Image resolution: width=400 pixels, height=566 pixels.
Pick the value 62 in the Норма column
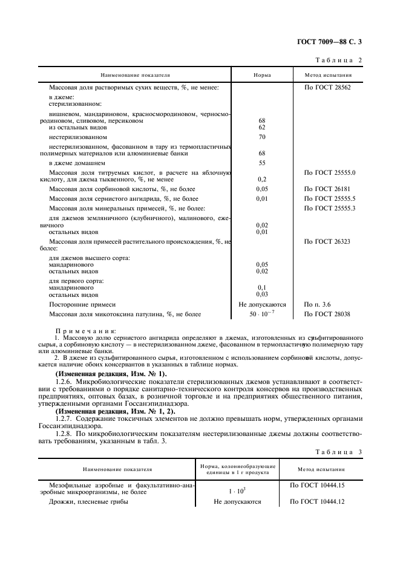(262, 128)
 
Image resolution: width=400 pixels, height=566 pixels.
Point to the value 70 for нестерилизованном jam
(262, 137)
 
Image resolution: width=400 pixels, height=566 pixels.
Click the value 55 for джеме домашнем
(262, 163)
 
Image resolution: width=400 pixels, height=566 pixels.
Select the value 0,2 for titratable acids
(262, 180)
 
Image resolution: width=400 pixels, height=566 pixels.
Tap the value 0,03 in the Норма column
(262, 294)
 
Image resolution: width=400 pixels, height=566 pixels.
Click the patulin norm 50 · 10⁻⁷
(262, 314)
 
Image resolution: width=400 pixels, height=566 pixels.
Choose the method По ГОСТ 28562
(328, 88)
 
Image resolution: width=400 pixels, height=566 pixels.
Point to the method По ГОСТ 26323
(328, 241)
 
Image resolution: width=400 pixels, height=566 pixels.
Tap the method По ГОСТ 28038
(328, 314)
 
